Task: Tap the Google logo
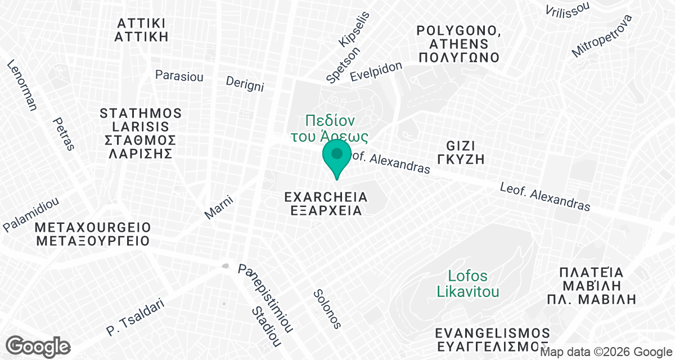pyautogui.click(x=38, y=346)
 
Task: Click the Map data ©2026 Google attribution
pyautogui.click(x=606, y=352)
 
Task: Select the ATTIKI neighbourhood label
pyautogui.click(x=142, y=30)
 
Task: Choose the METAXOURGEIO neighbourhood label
pyautogui.click(x=93, y=235)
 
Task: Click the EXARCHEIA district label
pyautogui.click(x=326, y=204)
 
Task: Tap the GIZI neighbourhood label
pyautogui.click(x=460, y=152)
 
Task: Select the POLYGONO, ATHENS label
pyautogui.click(x=458, y=43)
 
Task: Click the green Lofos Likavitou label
pyautogui.click(x=468, y=284)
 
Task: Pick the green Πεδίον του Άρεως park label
pyautogui.click(x=330, y=128)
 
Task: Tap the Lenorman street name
pyautogui.click(x=22, y=84)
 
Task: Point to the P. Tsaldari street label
pyautogui.click(x=135, y=318)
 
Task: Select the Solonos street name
pyautogui.click(x=327, y=308)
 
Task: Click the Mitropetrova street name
pyautogui.click(x=602, y=35)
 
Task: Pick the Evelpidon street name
pyautogui.click(x=376, y=71)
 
